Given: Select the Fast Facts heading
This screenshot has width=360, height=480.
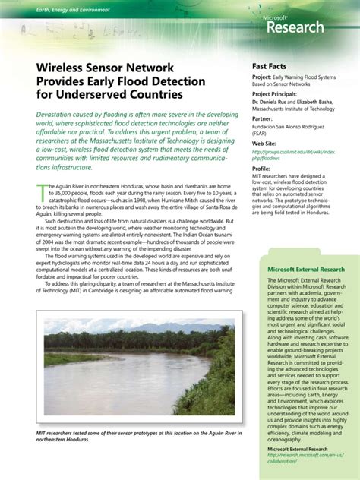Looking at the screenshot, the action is tap(270, 66).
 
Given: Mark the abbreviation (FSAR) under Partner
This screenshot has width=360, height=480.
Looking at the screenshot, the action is tap(262, 134).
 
